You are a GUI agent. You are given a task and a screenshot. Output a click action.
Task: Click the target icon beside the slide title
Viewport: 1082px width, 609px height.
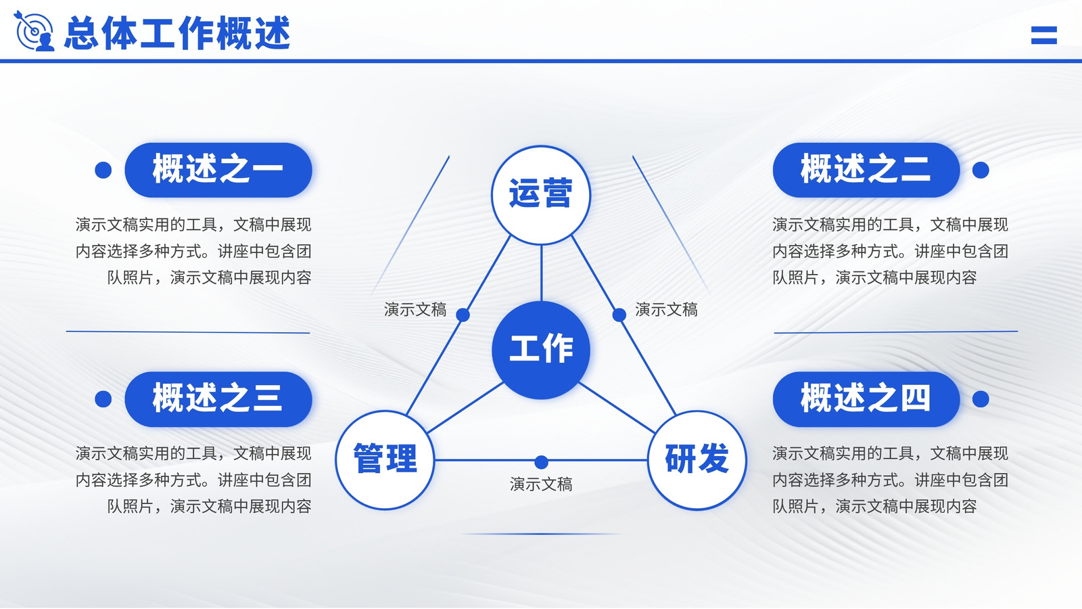click(x=34, y=31)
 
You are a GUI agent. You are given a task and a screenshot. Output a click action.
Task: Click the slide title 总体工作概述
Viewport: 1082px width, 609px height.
click(x=177, y=33)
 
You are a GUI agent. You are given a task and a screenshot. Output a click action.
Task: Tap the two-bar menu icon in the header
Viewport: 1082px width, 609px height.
click(x=1044, y=35)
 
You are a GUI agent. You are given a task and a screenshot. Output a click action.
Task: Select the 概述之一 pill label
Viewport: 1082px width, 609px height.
click(x=218, y=170)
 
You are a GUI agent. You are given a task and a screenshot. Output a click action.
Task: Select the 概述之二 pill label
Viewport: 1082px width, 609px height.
click(x=866, y=170)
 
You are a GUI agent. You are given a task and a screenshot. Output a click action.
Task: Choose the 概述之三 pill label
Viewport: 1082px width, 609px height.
click(x=218, y=399)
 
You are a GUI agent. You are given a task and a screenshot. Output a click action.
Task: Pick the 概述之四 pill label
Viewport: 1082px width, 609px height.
click(x=866, y=399)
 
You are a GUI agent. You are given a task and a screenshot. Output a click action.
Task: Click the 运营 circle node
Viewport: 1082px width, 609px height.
click(x=541, y=196)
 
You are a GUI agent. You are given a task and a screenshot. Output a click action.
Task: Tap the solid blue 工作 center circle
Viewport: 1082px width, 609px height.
click(x=541, y=350)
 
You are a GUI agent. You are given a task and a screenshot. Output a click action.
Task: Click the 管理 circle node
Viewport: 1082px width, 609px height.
click(x=385, y=460)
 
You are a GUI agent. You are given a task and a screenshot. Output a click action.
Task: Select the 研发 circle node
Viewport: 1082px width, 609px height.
click(x=697, y=460)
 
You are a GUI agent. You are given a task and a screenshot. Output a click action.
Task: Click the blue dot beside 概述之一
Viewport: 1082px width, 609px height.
click(x=103, y=170)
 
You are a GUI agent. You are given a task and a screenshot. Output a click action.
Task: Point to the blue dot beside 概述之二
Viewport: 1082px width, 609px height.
click(x=981, y=170)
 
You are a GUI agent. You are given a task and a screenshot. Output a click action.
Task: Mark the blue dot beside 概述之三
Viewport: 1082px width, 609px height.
click(x=103, y=399)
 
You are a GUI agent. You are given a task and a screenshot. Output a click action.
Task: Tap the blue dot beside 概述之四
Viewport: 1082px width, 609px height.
click(x=981, y=399)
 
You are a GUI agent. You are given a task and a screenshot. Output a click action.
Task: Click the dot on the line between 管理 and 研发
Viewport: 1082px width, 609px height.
click(x=542, y=462)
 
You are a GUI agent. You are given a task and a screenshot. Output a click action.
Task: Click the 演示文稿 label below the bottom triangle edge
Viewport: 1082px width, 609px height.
click(x=541, y=484)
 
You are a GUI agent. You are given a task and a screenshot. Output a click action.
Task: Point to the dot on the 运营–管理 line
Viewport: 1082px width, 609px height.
click(x=463, y=315)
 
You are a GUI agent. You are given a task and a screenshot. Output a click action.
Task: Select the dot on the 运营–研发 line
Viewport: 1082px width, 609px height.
click(x=619, y=315)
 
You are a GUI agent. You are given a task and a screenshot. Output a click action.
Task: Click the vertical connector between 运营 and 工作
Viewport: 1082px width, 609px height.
click(x=541, y=273)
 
